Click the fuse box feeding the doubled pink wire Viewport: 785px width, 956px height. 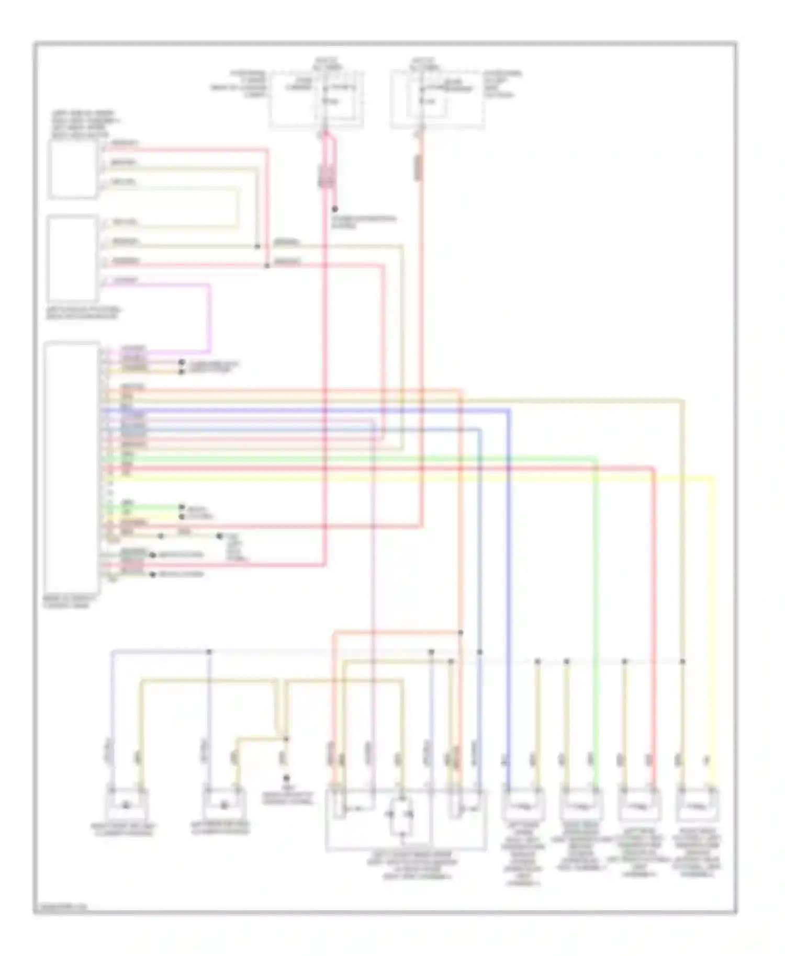(x=317, y=99)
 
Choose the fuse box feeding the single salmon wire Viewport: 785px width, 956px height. (x=438, y=99)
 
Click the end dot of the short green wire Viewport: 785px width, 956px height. (x=182, y=507)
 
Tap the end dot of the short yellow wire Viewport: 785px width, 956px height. (x=182, y=516)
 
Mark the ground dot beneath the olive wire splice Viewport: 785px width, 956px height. (x=286, y=778)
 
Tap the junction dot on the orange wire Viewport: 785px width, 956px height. (x=461, y=633)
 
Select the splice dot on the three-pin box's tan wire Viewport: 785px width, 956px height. (x=257, y=246)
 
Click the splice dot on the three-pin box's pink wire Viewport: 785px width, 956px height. (x=266, y=266)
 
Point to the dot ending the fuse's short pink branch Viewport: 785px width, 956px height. (x=334, y=209)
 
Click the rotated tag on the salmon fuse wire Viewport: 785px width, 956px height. (x=418, y=167)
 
